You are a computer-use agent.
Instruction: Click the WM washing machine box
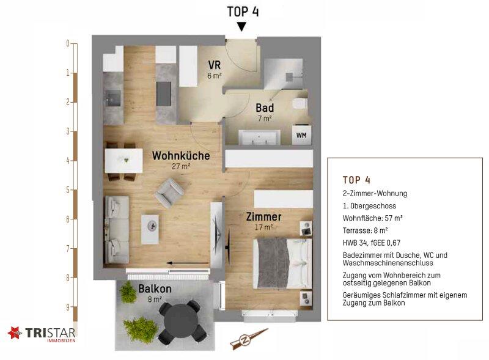click(301, 134)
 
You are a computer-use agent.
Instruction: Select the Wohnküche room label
click(181, 155)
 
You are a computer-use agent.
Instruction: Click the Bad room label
click(265, 108)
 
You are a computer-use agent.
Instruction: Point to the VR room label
click(215, 65)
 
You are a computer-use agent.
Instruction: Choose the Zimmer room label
click(264, 216)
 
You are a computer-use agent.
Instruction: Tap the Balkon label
click(155, 288)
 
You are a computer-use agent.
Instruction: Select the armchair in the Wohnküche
click(169, 193)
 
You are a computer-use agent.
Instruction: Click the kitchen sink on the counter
click(113, 96)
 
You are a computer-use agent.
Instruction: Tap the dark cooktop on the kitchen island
click(163, 94)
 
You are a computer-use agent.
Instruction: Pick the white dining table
click(124, 161)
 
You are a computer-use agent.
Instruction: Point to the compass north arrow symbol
click(248, 339)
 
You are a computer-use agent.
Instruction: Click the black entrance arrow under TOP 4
click(241, 27)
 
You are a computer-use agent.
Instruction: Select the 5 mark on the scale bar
click(68, 189)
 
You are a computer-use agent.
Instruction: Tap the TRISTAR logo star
click(15, 332)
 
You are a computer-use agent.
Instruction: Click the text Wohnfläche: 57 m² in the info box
click(372, 218)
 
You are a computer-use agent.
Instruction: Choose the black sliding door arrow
click(188, 263)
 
